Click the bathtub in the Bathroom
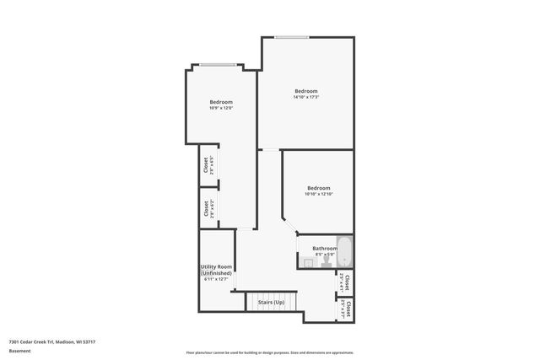coord(343,253)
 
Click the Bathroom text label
coord(325,248)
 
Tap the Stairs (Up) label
coord(271,302)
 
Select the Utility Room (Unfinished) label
coord(217,270)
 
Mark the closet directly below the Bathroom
coord(344,282)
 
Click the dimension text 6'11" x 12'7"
coord(217,279)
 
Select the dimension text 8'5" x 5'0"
coord(325,254)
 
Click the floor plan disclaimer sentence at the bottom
coord(269,352)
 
